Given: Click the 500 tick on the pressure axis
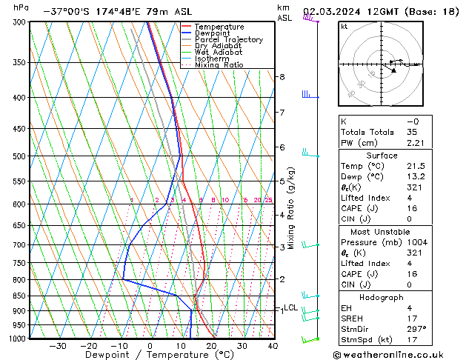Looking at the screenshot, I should (x=19, y=156).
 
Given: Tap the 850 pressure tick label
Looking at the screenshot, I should (x=19, y=296).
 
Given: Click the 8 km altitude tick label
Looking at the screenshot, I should (x=282, y=77).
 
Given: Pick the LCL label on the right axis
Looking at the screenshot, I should (x=290, y=307).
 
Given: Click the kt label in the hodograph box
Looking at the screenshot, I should (x=344, y=26).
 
